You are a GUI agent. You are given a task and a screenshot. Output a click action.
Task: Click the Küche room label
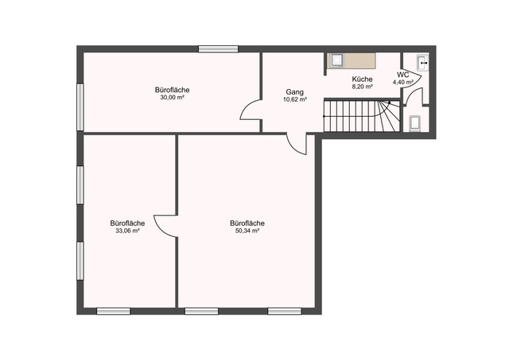tap(363, 79)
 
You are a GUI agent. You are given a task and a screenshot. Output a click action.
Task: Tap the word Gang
tap(294, 92)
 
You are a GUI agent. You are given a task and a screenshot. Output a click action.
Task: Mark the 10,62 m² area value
tap(295, 100)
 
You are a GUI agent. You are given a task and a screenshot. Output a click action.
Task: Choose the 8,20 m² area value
tap(363, 87)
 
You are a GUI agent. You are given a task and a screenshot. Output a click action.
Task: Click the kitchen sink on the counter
tap(337, 60)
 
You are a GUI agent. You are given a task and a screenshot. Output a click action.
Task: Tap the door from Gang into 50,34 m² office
tap(296, 143)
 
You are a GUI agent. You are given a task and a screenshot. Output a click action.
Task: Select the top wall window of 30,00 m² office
tap(219, 49)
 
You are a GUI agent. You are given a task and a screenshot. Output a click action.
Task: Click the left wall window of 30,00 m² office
tap(80, 104)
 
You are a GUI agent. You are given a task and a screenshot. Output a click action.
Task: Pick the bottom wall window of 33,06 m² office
tap(113, 311)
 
